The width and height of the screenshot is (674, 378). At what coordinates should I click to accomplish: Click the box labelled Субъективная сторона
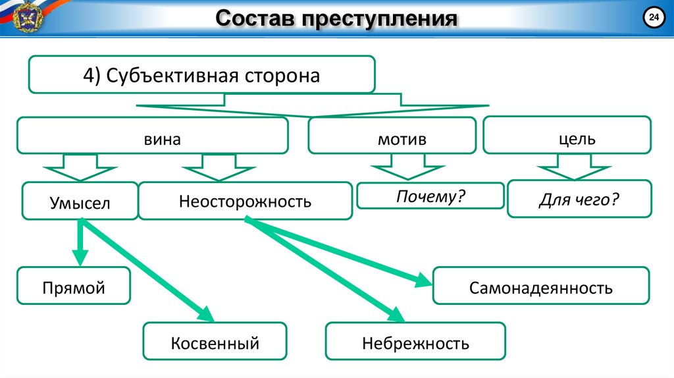[201, 74]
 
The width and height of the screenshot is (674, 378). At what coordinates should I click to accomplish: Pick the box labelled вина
[153, 136]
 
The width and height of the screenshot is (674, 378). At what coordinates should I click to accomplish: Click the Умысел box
[80, 202]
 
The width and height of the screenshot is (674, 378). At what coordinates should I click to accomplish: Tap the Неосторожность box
[245, 201]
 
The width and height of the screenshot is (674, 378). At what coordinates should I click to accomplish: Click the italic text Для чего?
[579, 198]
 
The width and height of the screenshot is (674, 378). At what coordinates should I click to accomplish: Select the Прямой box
[74, 286]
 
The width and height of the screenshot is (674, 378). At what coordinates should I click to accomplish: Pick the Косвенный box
[215, 341]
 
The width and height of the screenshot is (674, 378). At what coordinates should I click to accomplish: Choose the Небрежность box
[415, 342]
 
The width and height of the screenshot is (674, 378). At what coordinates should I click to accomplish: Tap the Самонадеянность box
[541, 286]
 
